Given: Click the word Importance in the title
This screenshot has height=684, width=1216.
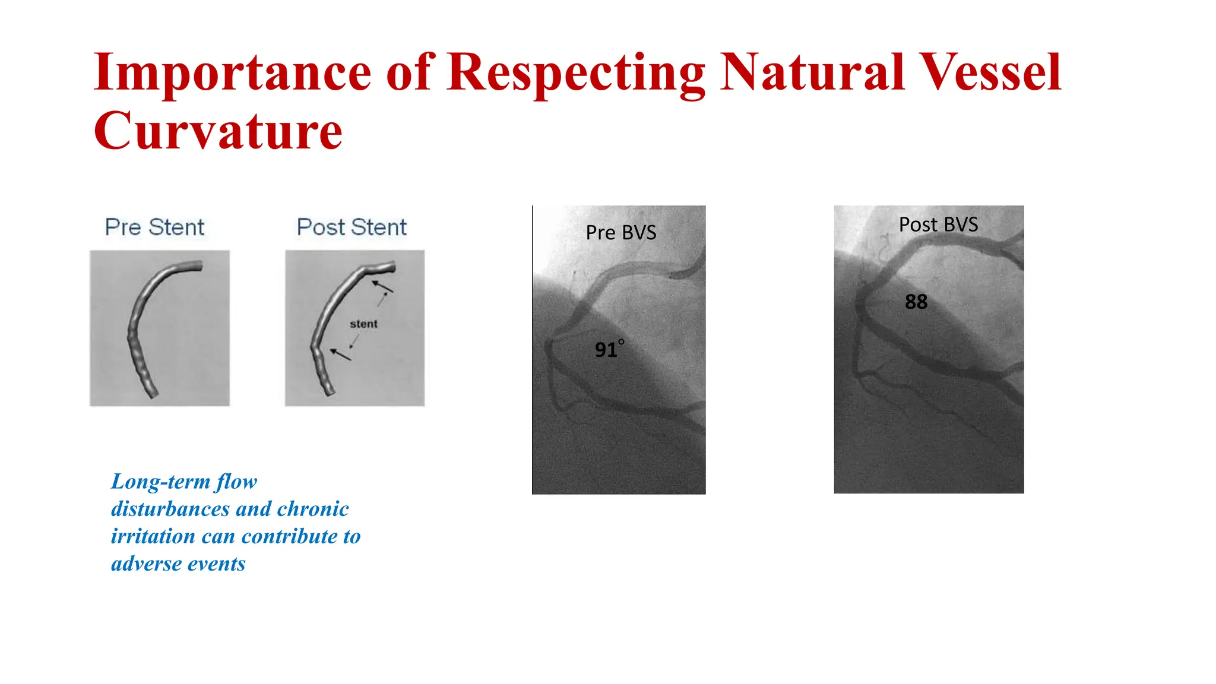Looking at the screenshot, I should pyautogui.click(x=232, y=72).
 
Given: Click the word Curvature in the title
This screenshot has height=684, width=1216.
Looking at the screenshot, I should pyautogui.click(x=218, y=131).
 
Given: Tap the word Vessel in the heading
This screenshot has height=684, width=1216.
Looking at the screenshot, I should pyautogui.click(x=990, y=72).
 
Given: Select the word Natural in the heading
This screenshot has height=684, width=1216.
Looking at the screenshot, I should pyautogui.click(x=812, y=72).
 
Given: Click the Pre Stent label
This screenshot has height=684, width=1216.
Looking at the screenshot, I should pyautogui.click(x=154, y=227).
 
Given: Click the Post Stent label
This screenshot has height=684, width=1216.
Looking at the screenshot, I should pyautogui.click(x=351, y=227).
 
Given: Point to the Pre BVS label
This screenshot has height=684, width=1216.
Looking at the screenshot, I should pyautogui.click(x=621, y=232).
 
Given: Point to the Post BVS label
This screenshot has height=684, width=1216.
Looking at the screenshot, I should pyautogui.click(x=938, y=224).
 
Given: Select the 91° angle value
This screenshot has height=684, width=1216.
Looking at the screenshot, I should pyautogui.click(x=609, y=349).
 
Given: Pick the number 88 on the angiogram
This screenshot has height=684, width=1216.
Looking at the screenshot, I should pyautogui.click(x=916, y=302).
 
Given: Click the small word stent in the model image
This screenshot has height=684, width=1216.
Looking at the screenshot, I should pyautogui.click(x=363, y=324).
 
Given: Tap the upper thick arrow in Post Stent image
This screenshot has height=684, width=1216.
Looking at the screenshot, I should pyautogui.click(x=382, y=287).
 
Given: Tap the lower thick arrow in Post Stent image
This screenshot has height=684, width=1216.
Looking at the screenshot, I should pyautogui.click(x=341, y=354).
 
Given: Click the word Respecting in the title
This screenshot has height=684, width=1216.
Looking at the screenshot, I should pyautogui.click(x=576, y=74).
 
